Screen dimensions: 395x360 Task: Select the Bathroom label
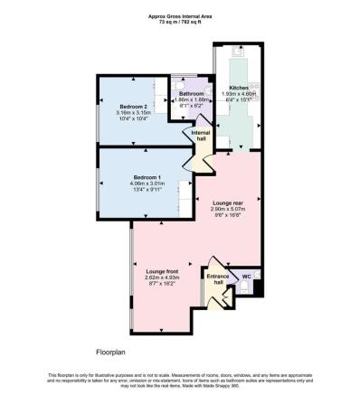click(191, 94)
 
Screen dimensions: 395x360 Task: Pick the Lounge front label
click(163, 270)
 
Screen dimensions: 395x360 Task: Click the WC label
click(246, 276)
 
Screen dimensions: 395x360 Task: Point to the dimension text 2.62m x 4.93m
click(163, 277)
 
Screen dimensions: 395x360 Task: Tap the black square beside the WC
click(259, 288)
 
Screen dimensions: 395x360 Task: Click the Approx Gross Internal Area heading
click(180, 15)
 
